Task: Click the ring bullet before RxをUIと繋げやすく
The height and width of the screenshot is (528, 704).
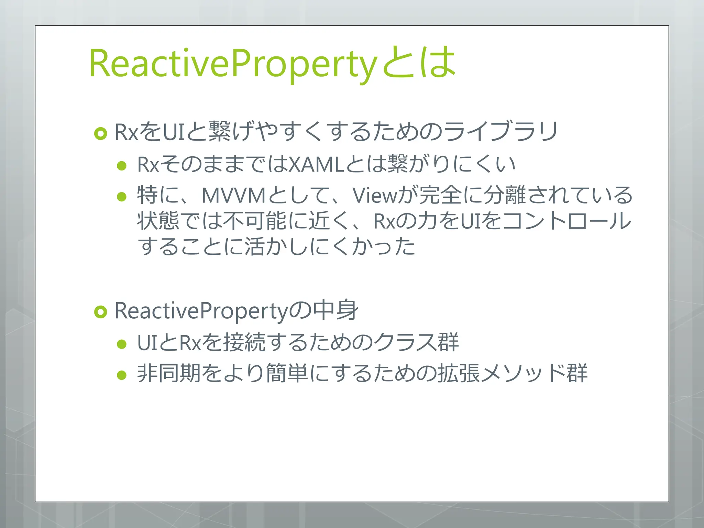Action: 101,133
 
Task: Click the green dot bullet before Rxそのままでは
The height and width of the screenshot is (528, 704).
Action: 122,166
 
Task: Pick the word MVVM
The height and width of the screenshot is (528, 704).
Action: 234,195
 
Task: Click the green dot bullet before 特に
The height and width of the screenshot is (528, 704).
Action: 122,197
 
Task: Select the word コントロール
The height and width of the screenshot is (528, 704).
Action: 566,221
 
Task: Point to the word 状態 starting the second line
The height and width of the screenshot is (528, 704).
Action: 158,221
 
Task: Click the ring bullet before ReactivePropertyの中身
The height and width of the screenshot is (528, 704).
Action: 101,312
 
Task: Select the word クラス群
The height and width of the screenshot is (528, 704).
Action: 416,342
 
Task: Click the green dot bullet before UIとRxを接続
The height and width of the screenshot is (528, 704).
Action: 122,344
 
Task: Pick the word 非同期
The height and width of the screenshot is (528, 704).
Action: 168,373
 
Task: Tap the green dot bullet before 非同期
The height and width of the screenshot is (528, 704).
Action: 122,375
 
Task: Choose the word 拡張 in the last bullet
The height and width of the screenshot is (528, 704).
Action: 459,373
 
